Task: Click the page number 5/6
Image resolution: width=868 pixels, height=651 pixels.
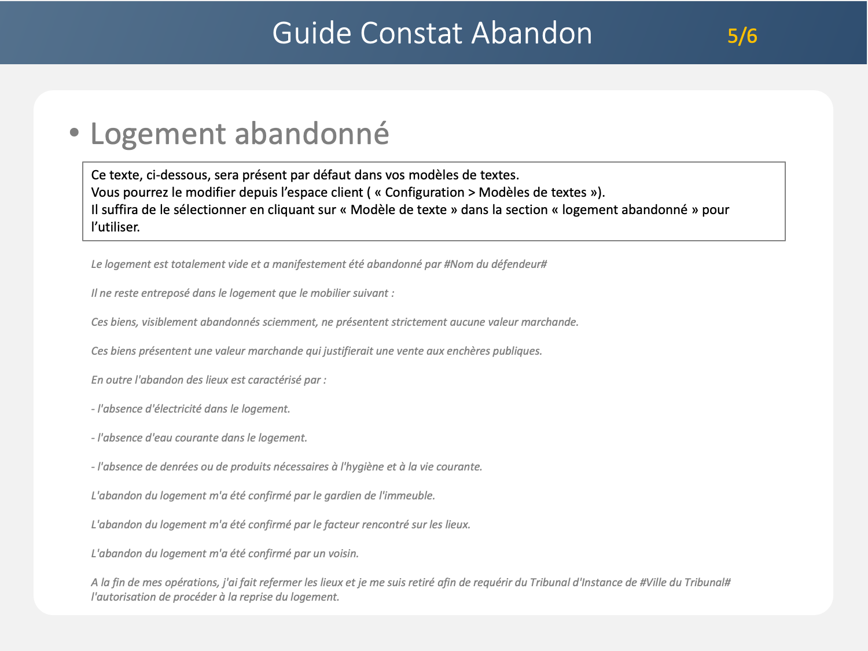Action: pyautogui.click(x=742, y=36)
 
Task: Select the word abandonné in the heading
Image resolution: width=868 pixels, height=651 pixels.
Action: pyautogui.click(x=312, y=133)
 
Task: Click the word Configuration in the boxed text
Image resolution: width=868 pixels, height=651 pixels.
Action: pyautogui.click(x=424, y=192)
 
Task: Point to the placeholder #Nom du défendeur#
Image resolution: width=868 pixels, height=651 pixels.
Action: pyautogui.click(x=495, y=264)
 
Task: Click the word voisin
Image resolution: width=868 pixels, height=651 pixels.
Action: pyautogui.click(x=343, y=554)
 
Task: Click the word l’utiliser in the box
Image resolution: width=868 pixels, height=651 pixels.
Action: pyautogui.click(x=116, y=227)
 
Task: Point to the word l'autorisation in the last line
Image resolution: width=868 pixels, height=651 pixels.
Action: pyautogui.click(x=123, y=597)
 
